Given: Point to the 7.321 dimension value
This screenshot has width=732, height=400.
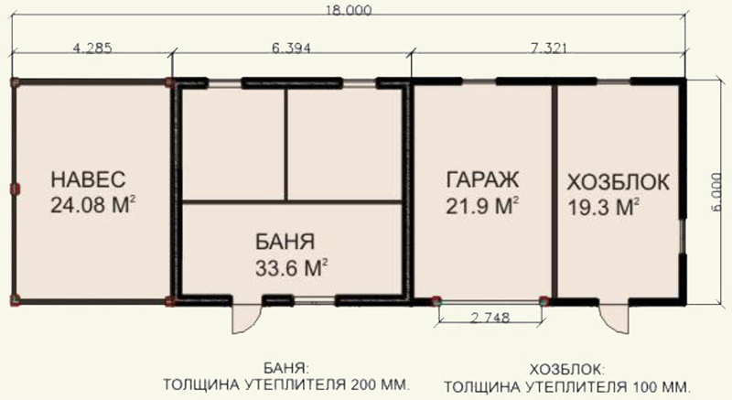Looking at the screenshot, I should tap(547, 51).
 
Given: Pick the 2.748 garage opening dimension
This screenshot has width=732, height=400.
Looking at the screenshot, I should tap(489, 319).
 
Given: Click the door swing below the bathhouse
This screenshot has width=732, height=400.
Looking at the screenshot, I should tap(244, 319).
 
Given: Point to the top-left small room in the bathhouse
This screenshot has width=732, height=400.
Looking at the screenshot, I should tap(232, 143).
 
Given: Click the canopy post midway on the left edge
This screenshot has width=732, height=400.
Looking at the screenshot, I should tap(14, 189).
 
